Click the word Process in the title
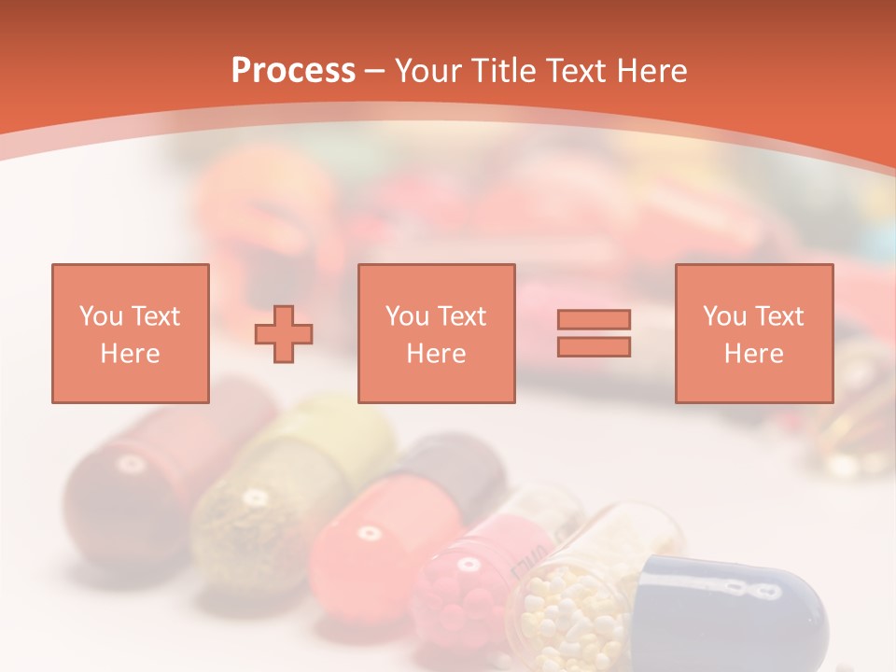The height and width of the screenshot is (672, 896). [293, 70]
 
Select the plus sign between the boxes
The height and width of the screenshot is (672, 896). [284, 333]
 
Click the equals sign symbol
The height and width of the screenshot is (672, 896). [594, 333]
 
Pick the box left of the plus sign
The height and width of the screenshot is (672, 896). [130, 333]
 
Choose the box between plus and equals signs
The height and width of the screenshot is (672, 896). [436, 333]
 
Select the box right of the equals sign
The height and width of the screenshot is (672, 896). [753, 333]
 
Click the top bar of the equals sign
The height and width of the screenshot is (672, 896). [594, 319]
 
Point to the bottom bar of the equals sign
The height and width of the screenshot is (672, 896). [594, 347]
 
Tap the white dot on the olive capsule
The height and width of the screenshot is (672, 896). [253, 497]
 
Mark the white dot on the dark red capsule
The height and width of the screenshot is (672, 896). [129, 464]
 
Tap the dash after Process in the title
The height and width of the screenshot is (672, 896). [375, 70]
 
